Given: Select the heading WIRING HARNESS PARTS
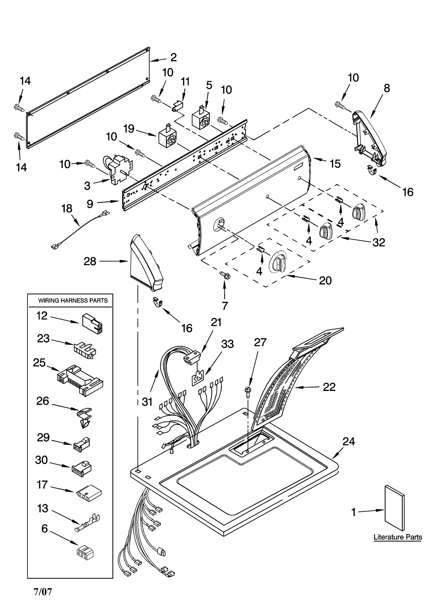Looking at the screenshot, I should coord(73,301).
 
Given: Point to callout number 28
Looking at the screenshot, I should coord(90,261).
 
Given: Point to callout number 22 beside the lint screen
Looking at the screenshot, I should coord(329,387).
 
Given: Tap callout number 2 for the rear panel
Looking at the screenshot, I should coord(173,57).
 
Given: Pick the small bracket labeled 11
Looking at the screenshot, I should coord(178,107).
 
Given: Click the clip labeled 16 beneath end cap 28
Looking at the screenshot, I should coord(158,303).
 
